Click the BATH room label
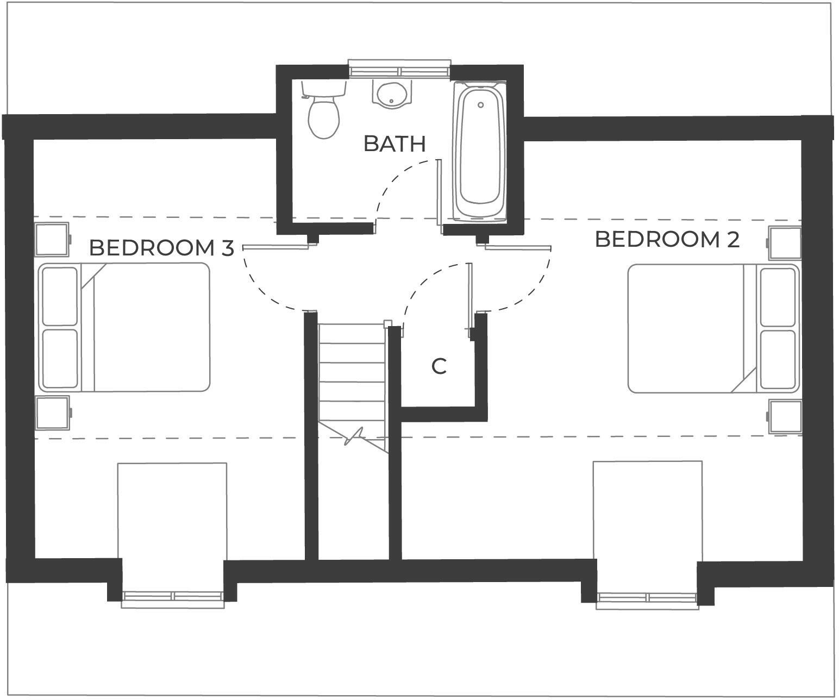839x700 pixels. [x=394, y=144]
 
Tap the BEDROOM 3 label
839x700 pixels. [x=161, y=248]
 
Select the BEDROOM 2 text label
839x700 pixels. [x=667, y=240]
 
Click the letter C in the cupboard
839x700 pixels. [x=439, y=367]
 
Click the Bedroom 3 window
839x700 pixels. [x=173, y=597]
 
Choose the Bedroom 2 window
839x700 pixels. [x=648, y=598]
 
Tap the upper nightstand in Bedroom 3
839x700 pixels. [x=52, y=239]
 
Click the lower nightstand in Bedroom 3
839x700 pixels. [x=53, y=412]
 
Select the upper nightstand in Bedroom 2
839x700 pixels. [x=785, y=243]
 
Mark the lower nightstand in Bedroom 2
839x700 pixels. [x=786, y=417]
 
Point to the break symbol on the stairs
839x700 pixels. [x=354, y=436]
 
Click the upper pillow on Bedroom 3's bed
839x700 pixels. [x=60, y=296]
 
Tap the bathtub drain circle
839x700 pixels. [x=480, y=105]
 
